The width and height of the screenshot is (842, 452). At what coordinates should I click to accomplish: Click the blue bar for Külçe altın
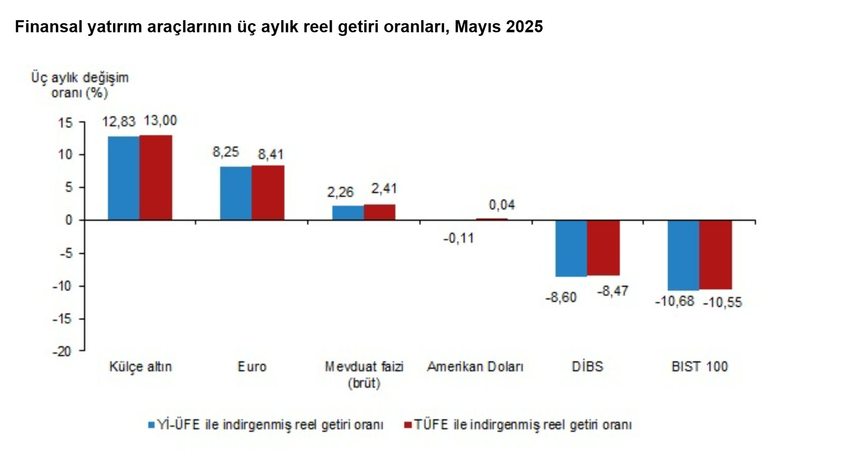pyautogui.click(x=124, y=178)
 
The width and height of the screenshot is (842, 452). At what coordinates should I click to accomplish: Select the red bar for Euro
pyautogui.click(x=268, y=192)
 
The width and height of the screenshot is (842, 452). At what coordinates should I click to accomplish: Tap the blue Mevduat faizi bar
pyautogui.click(x=348, y=212)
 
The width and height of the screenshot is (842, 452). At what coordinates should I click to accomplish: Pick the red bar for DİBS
pyautogui.click(x=603, y=248)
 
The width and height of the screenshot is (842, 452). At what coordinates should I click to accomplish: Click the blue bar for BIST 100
pyautogui.click(x=683, y=255)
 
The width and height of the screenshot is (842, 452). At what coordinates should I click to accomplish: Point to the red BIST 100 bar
pyautogui.click(x=715, y=255)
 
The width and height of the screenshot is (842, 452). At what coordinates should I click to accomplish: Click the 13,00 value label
pyautogui.click(x=160, y=121)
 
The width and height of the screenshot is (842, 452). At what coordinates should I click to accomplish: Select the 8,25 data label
pyautogui.click(x=225, y=152)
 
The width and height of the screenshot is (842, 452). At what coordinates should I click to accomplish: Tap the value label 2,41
pyautogui.click(x=384, y=189)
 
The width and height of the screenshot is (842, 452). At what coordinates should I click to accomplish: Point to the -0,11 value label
pyautogui.click(x=458, y=238)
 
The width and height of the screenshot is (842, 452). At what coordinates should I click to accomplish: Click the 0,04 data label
pyautogui.click(x=502, y=205)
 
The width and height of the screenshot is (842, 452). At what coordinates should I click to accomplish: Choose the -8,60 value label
pyautogui.click(x=561, y=297)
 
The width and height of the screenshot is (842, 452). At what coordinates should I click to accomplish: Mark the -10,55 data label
pyautogui.click(x=723, y=302)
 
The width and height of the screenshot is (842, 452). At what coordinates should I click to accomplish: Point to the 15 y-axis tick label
pyautogui.click(x=65, y=123)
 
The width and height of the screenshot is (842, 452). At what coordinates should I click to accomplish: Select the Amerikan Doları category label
pyautogui.click(x=475, y=367)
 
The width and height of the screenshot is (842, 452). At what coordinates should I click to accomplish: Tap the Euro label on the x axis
pyautogui.click(x=252, y=367)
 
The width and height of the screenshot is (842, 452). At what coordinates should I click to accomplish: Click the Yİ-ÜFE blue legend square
pyautogui.click(x=151, y=425)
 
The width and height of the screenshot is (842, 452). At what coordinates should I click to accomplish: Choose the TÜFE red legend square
pyautogui.click(x=408, y=425)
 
